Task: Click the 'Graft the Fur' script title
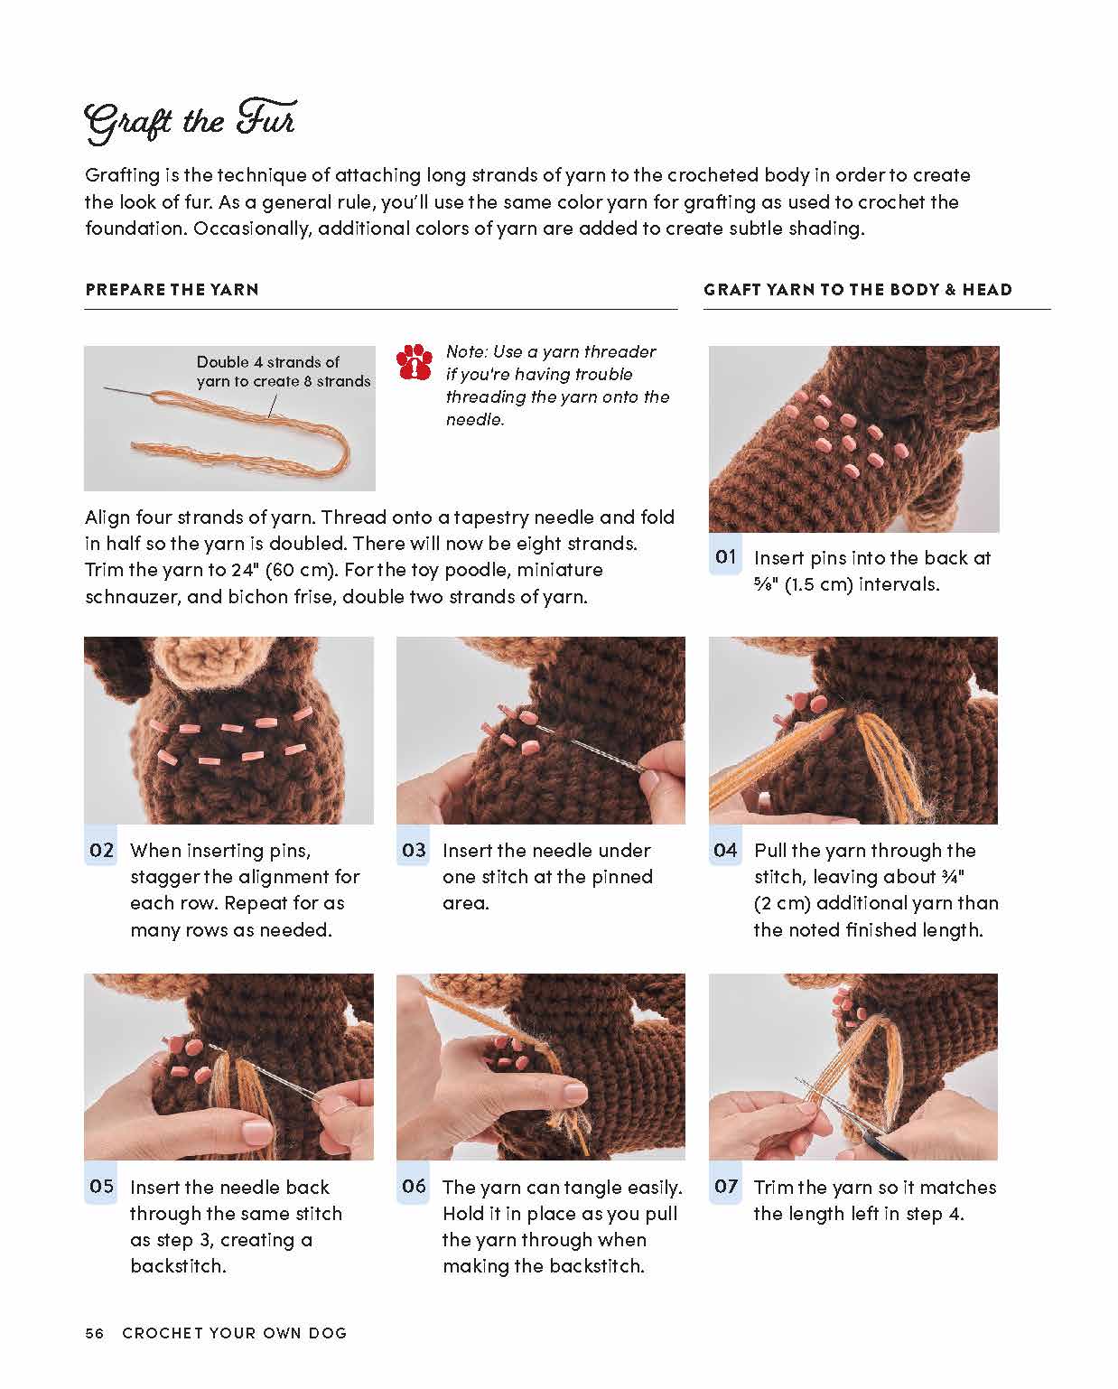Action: click(190, 122)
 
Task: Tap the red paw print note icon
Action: click(415, 362)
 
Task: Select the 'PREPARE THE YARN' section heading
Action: click(172, 290)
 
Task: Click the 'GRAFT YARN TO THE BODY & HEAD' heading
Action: click(857, 290)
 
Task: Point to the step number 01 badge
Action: click(726, 557)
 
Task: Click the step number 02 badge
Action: click(101, 850)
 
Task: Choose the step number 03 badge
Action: click(414, 850)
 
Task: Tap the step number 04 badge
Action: click(726, 850)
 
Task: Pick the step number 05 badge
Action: click(101, 1187)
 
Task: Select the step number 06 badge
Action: click(414, 1187)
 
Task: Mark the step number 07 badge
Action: click(726, 1187)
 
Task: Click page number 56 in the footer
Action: click(95, 1333)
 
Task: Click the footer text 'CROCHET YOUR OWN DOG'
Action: click(235, 1333)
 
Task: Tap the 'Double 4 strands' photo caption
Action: click(283, 371)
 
